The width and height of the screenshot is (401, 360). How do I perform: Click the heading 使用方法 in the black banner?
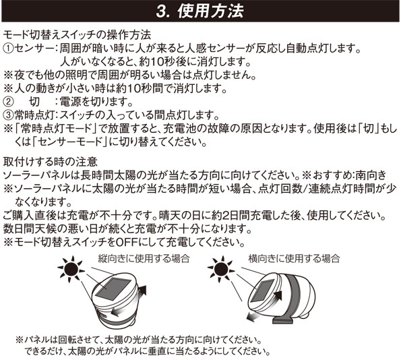click(210, 11)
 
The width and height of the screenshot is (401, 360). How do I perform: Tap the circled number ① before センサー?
click(8, 48)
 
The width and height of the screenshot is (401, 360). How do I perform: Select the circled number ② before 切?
click(8, 102)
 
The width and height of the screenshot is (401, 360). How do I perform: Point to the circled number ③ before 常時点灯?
click(8, 115)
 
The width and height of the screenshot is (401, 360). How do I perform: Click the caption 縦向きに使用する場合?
click(144, 259)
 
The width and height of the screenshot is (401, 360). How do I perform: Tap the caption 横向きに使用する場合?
click(294, 259)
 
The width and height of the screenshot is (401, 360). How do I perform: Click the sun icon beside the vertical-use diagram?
click(71, 269)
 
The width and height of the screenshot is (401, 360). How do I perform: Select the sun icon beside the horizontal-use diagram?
click(221, 269)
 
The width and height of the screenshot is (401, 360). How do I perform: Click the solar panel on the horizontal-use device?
click(261, 291)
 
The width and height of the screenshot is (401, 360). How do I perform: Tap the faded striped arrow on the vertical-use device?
click(121, 311)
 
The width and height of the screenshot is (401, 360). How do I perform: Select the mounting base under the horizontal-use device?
click(282, 320)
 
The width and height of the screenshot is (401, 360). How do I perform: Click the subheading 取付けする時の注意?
click(51, 161)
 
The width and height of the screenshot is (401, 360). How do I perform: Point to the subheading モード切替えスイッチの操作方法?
click(77, 35)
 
